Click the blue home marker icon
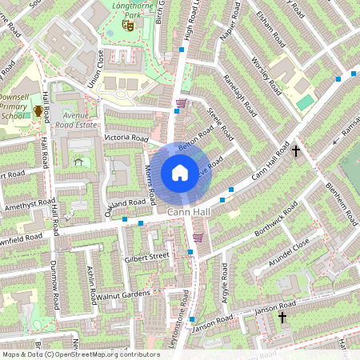180,172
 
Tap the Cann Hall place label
189,212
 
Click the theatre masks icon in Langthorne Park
126,26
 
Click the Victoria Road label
126,138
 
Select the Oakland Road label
124,202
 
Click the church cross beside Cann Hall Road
295,150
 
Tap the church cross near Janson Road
282,318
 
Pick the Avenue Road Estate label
78,120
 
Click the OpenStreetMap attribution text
81,354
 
